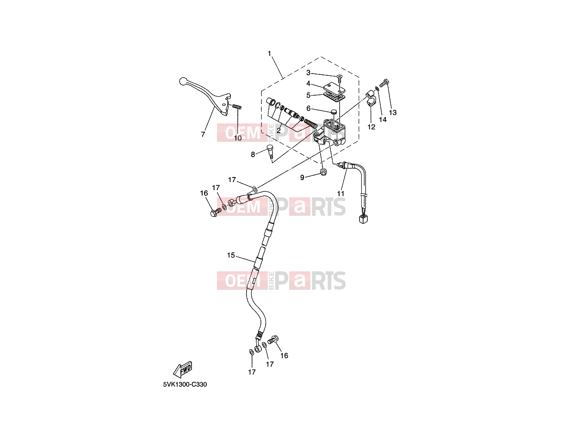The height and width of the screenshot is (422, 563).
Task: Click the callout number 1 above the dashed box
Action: click(269, 54)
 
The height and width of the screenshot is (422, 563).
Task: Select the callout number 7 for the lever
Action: click(203, 134)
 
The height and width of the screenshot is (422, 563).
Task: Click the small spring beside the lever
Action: click(57, 106)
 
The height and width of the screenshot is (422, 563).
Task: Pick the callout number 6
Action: click(308, 108)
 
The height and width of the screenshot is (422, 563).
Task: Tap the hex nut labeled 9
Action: click(323, 172)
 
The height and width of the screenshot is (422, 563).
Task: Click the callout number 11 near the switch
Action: click(340, 194)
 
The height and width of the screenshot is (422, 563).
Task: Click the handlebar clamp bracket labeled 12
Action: click(371, 98)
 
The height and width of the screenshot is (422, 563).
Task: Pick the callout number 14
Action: click(383, 119)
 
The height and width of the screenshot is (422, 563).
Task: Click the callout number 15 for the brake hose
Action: click(231, 255)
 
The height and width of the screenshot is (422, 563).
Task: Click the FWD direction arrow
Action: click(183, 369)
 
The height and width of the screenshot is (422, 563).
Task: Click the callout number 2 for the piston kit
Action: click(278, 130)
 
